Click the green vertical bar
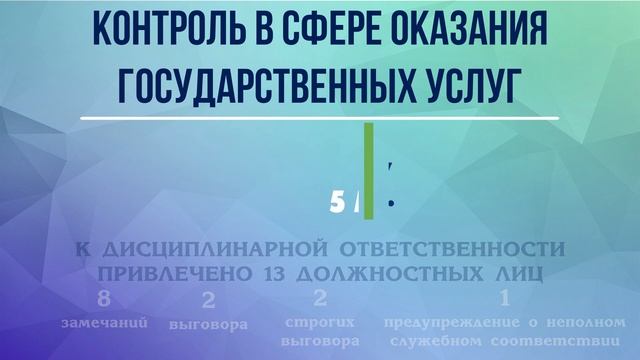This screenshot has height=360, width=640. [369, 169]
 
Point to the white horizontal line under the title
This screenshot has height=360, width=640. [320, 118]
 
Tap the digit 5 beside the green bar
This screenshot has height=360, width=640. [335, 203]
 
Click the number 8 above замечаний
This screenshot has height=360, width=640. [105, 300]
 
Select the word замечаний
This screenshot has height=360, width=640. [105, 324]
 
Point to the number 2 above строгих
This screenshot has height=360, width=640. [320, 298]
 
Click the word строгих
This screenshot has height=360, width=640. [320, 323]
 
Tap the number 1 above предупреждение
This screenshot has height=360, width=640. [504, 298]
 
